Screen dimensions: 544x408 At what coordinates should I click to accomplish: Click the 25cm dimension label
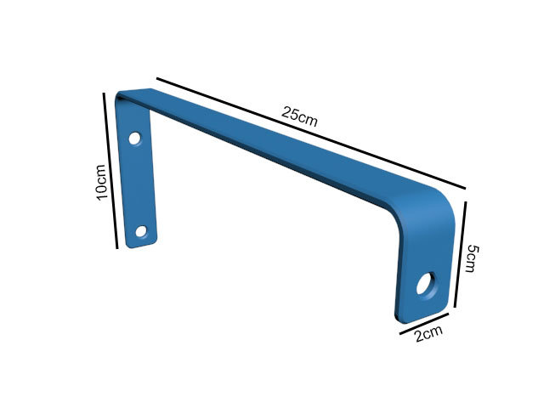pyautogui.click(x=299, y=116)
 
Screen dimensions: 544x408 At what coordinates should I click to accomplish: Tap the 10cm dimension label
pyautogui.click(x=101, y=183)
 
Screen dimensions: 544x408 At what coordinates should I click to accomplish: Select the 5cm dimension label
pyautogui.click(x=472, y=258)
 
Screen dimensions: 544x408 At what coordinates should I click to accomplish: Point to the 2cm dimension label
pyautogui.click(x=429, y=333)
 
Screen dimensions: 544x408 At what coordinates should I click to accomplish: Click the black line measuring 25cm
pyautogui.click(x=311, y=133)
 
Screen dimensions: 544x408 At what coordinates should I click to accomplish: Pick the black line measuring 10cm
pyautogui.click(x=110, y=171)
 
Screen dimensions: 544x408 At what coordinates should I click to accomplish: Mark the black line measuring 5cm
pyautogui.click(x=460, y=255)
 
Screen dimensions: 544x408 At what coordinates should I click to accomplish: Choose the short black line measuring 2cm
pyautogui.click(x=424, y=324)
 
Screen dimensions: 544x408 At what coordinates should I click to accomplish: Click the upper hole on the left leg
pyautogui.click(x=134, y=139)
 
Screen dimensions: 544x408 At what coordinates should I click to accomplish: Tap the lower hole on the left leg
pyautogui.click(x=141, y=231)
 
